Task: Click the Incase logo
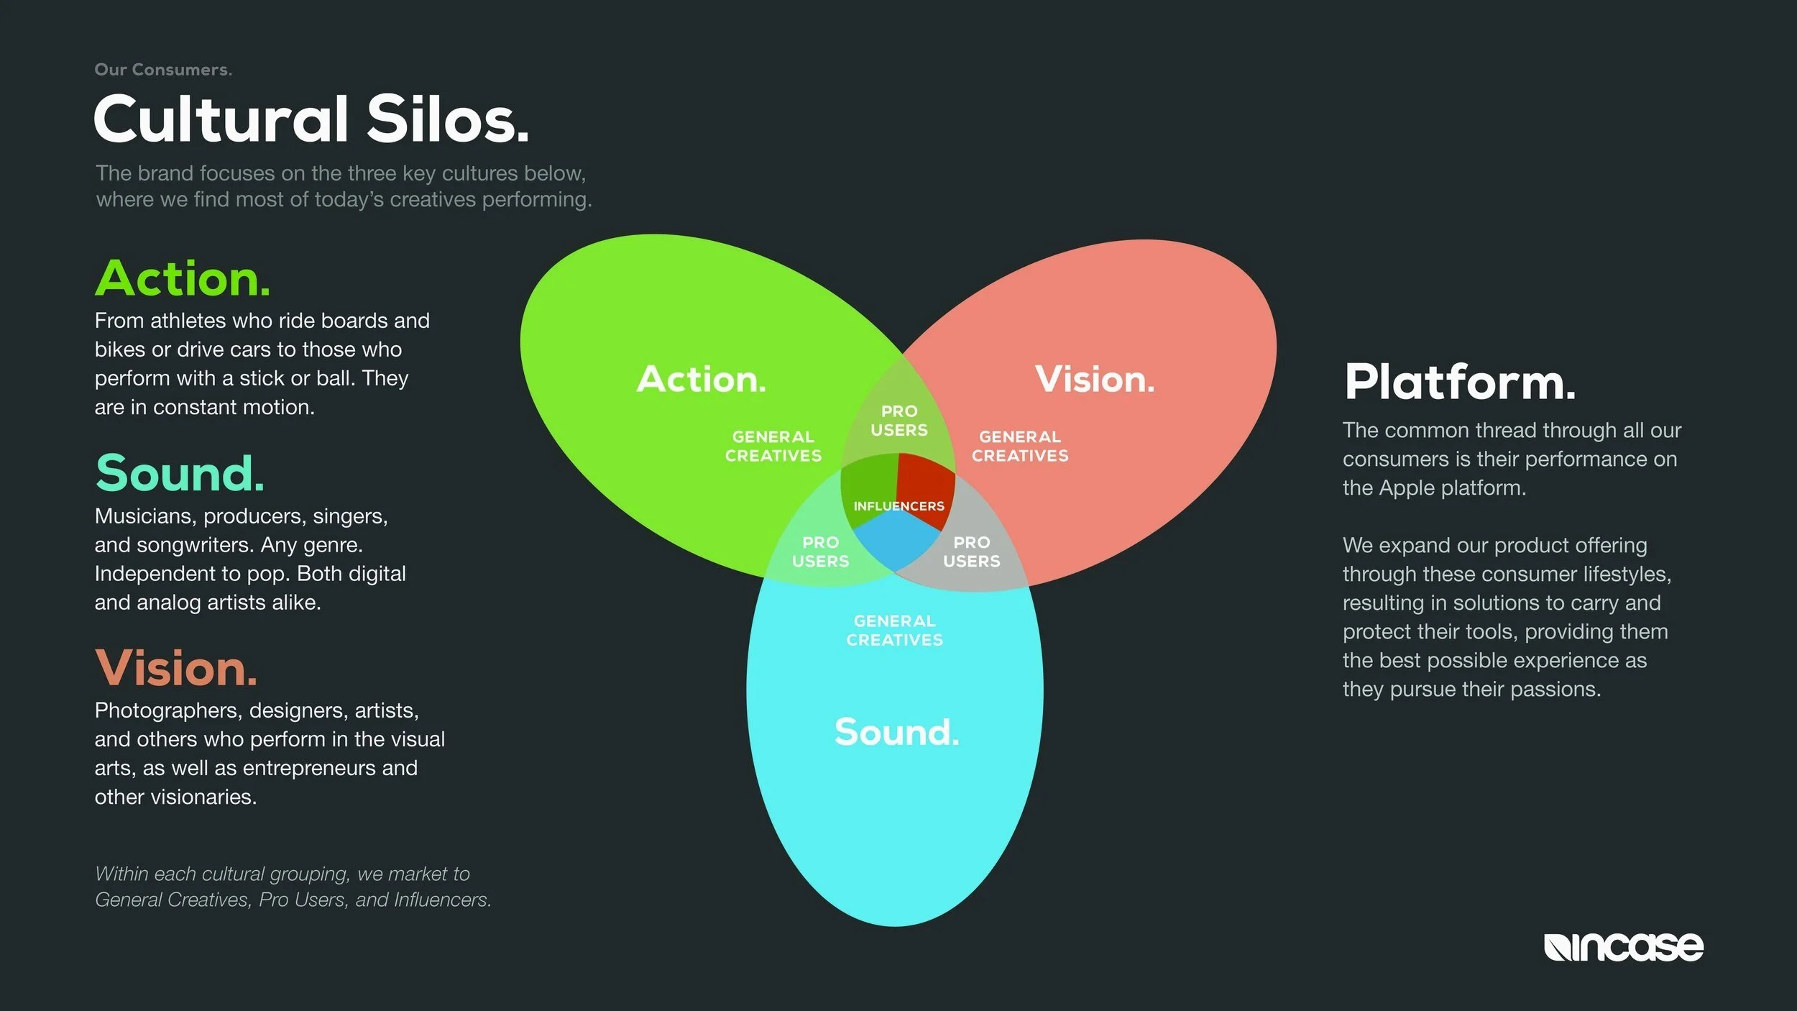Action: point(1623,947)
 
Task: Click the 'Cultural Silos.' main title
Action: point(311,119)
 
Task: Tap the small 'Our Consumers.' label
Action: point(163,70)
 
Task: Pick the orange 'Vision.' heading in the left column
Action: point(176,668)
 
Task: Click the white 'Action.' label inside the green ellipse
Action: point(701,379)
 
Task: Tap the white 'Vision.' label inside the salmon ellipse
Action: point(1094,379)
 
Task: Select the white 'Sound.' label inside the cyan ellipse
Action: point(896,732)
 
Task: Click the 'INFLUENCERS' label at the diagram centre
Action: point(898,506)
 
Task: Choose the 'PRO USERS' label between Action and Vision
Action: point(899,421)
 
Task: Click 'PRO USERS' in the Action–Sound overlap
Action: point(820,552)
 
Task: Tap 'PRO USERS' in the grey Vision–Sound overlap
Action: point(972,552)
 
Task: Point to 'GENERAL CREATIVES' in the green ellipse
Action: point(773,446)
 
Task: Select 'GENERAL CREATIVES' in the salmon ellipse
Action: point(1020,446)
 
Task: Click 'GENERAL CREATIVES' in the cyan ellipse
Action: point(894,630)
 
